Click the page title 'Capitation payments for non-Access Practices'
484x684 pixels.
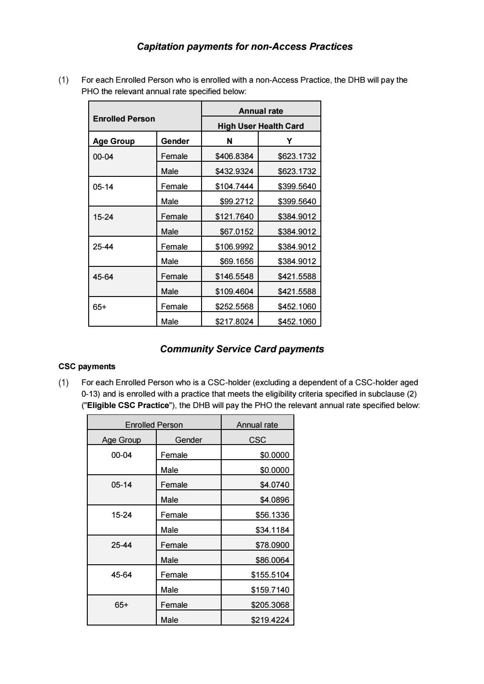(x=245, y=47)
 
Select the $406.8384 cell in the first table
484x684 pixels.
(x=234, y=156)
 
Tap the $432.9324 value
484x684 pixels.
(x=234, y=171)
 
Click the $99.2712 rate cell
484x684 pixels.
(x=236, y=201)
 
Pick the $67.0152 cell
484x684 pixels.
(x=236, y=232)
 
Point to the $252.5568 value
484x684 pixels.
(x=234, y=307)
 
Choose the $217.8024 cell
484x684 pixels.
(x=234, y=322)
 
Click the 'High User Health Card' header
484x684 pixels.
(x=261, y=126)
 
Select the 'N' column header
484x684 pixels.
(x=229, y=141)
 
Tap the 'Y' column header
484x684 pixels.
(x=289, y=141)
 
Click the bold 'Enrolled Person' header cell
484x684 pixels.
(x=124, y=119)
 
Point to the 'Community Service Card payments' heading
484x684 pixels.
(x=242, y=349)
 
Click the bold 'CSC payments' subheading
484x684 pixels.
(x=87, y=366)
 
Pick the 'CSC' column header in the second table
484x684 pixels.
(x=257, y=440)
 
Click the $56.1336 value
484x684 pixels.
(x=272, y=515)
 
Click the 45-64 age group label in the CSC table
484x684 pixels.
(x=122, y=575)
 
